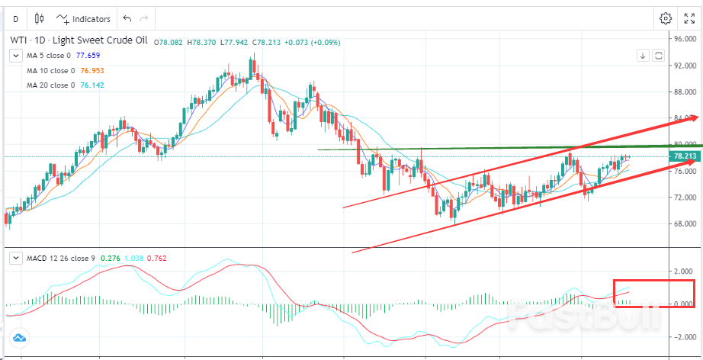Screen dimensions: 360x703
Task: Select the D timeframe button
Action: tap(16, 19)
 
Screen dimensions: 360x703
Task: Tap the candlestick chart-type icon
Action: tap(40, 19)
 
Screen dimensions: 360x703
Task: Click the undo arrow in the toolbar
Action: tap(127, 19)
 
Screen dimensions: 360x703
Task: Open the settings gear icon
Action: tap(666, 18)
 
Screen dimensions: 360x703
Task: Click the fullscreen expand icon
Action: tap(689, 18)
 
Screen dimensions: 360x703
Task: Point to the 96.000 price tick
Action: tap(685, 38)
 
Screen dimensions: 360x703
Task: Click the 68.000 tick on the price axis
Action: tap(685, 224)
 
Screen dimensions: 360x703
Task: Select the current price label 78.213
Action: tap(685, 157)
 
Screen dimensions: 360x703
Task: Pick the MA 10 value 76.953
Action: tap(91, 70)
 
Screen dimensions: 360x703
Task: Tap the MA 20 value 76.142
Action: tap(91, 85)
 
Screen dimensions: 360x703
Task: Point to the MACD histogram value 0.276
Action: tap(106, 259)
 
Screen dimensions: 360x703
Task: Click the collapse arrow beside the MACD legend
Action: tap(15, 259)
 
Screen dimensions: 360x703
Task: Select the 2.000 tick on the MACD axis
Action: tap(685, 272)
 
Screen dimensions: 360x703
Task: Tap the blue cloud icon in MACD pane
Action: tap(19, 338)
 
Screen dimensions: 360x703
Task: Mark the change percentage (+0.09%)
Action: tap(326, 41)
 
